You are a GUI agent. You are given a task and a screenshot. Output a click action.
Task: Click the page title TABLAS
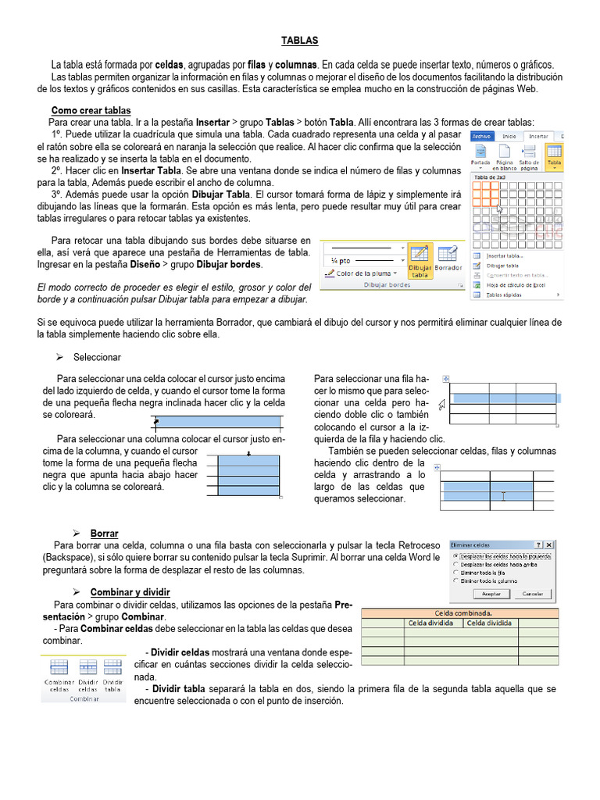(x=300, y=40)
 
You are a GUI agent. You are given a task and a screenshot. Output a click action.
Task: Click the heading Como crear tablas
(x=91, y=110)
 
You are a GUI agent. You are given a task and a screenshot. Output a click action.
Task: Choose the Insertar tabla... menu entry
(x=505, y=255)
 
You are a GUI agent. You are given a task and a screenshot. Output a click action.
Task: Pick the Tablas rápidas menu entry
(x=505, y=295)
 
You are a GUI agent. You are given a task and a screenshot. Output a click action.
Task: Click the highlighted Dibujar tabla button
(x=420, y=260)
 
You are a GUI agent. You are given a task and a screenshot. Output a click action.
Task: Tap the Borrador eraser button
(x=448, y=260)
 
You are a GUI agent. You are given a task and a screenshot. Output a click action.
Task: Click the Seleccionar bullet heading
(x=97, y=357)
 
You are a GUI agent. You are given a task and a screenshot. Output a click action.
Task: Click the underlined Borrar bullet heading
(x=104, y=534)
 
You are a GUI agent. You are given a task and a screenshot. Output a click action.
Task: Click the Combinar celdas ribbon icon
(x=59, y=673)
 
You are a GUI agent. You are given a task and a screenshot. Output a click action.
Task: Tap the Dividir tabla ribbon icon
(x=113, y=673)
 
